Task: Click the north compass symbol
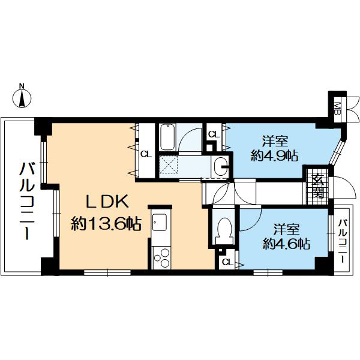22,98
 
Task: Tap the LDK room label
106,201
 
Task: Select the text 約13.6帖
106,224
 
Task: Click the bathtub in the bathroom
167,137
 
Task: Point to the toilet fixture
225,230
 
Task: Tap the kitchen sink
160,223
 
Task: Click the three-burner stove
161,258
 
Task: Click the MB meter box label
337,109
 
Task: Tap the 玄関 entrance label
318,186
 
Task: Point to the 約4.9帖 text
274,156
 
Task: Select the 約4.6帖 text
286,244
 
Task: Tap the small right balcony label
343,241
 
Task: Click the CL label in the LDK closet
146,154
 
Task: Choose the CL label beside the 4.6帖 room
228,262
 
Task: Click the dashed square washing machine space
169,164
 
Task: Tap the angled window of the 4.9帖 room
337,152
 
